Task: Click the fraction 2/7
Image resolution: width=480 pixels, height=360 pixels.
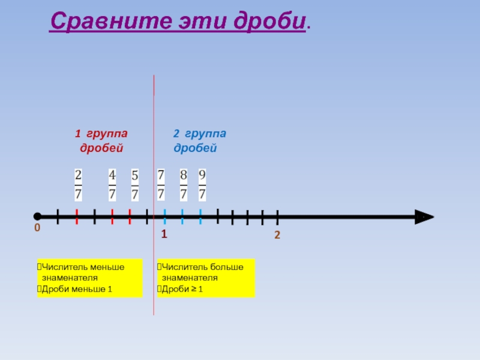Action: [x=78, y=185]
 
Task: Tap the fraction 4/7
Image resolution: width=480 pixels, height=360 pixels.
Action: [x=112, y=185]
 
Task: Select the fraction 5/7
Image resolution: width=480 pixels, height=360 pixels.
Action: [x=135, y=185]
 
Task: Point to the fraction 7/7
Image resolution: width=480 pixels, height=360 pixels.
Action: [x=161, y=185]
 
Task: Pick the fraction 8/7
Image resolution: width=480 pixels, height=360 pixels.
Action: [x=184, y=185]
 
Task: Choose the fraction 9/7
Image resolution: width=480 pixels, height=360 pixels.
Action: [x=202, y=185]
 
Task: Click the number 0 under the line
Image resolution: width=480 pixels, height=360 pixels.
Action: [x=37, y=229]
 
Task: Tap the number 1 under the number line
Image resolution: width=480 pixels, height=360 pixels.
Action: [x=163, y=234]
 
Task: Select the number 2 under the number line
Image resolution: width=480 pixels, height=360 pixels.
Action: [x=277, y=235]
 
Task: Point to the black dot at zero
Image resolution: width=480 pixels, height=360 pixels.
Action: [x=37, y=216]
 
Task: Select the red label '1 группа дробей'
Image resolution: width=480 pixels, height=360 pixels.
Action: [x=101, y=140]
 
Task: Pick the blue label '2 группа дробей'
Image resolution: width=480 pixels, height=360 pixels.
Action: [x=200, y=140]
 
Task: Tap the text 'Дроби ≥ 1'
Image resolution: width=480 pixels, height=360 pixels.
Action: [x=182, y=290]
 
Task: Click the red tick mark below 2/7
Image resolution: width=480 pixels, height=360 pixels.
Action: [x=77, y=216]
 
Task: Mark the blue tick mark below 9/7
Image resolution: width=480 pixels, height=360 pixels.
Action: [x=200, y=216]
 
